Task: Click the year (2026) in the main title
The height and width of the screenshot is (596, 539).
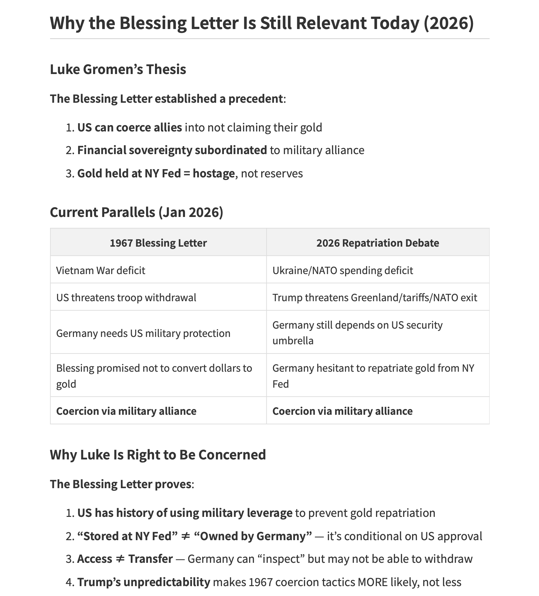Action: click(x=448, y=23)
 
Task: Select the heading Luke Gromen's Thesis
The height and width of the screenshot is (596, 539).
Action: click(x=118, y=69)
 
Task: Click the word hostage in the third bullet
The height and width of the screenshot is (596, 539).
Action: click(x=214, y=173)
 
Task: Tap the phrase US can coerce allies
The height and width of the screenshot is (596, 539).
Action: click(x=129, y=127)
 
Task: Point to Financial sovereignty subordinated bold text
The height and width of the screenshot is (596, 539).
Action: click(x=172, y=150)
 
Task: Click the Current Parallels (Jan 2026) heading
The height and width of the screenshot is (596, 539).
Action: click(x=137, y=212)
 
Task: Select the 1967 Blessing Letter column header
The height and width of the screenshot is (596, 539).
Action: click(x=158, y=243)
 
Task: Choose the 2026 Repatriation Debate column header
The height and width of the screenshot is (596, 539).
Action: click(x=378, y=243)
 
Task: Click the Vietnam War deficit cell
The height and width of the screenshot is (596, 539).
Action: click(x=100, y=270)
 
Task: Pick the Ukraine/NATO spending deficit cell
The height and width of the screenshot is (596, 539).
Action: click(x=343, y=270)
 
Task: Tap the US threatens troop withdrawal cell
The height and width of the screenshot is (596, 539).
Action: click(x=126, y=297)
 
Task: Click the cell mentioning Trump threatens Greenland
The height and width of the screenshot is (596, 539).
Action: click(x=374, y=297)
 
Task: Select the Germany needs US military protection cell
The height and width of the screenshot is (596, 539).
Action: click(x=143, y=333)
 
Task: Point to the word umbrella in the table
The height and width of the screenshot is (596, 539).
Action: click(x=293, y=340)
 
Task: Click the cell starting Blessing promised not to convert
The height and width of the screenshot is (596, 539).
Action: click(x=154, y=376)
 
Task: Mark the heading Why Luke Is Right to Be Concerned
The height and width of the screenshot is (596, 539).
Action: click(x=158, y=455)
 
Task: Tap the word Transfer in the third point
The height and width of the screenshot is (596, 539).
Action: click(x=151, y=559)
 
